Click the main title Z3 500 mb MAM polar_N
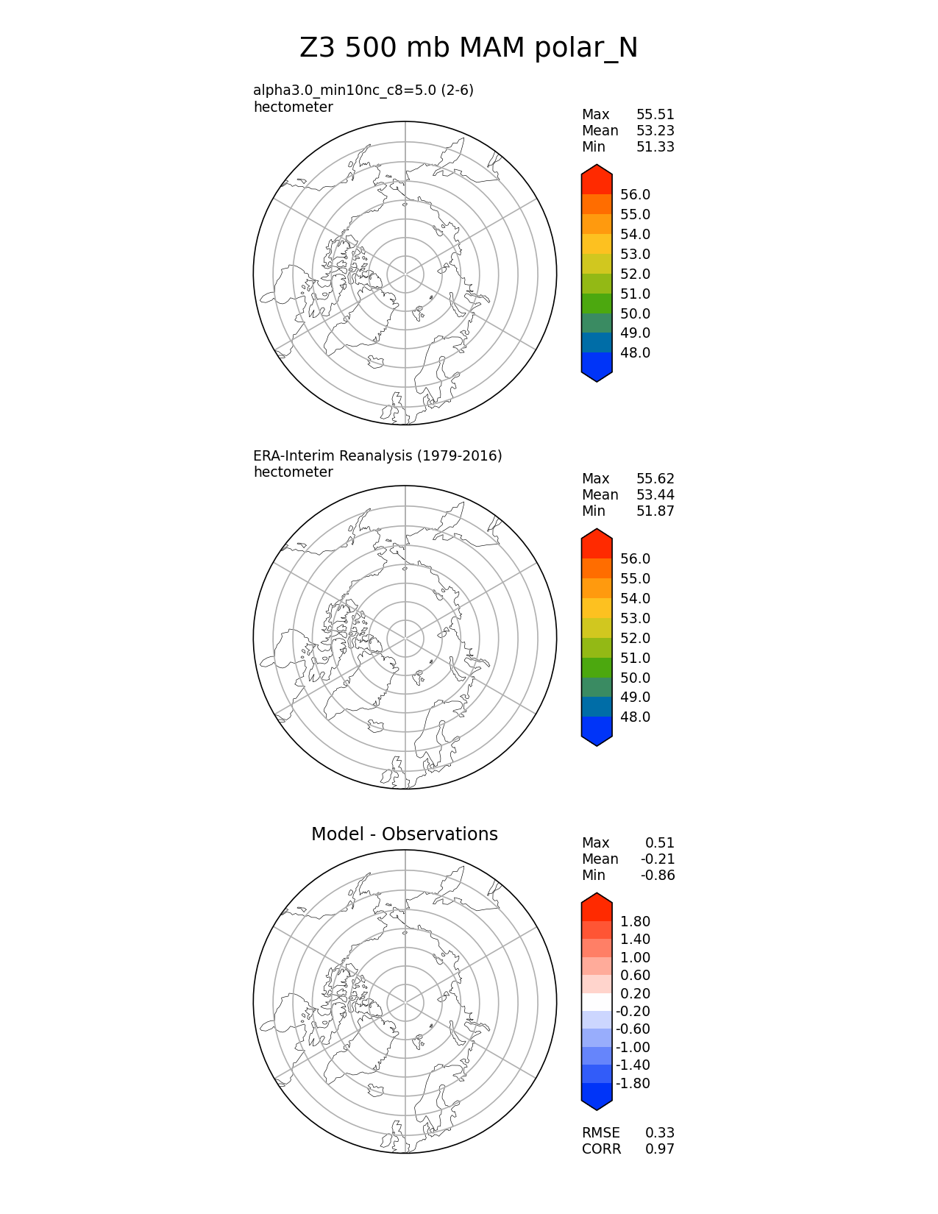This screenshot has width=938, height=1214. [469, 49]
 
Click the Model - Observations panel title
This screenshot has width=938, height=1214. [404, 834]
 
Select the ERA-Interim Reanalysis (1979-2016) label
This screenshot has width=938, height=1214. [377, 456]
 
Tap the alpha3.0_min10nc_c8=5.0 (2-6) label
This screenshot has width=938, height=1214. [363, 90]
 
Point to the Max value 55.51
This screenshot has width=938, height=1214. [655, 115]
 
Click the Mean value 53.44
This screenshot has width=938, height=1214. [655, 495]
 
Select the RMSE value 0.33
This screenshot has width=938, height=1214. [659, 1133]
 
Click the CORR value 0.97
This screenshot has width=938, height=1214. [659, 1149]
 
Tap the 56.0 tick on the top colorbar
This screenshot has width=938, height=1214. [635, 195]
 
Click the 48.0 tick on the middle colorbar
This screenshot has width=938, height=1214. [635, 717]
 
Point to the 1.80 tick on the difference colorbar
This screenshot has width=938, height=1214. [635, 922]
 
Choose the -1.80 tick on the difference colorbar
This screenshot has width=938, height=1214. [633, 1084]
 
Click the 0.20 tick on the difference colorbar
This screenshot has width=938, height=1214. [635, 994]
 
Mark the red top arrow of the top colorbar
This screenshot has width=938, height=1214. [597, 179]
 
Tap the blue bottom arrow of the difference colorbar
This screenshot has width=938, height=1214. [597, 1096]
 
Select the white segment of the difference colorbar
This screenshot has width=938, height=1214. [597, 1002]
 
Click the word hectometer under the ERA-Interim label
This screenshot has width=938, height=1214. [293, 472]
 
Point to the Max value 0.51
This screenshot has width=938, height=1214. [659, 843]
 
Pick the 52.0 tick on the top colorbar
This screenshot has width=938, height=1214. [635, 274]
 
